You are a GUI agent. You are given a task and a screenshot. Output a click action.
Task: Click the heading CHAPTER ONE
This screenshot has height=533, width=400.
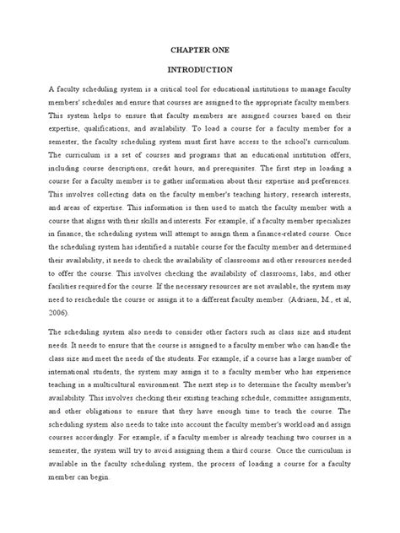[199, 51]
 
